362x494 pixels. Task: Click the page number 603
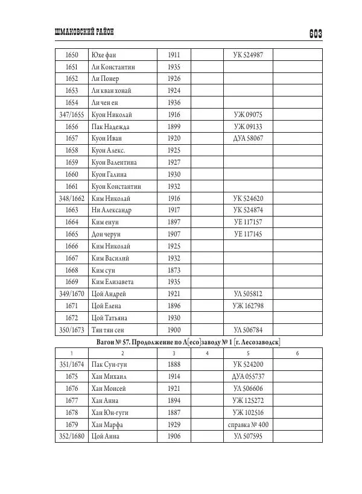pos(314,34)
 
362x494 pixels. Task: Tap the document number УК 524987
pos(252,55)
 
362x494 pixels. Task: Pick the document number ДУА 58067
pos(252,138)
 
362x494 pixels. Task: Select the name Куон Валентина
pos(114,162)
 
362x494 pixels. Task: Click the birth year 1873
pos(174,270)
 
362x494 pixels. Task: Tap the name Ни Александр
pos(112,210)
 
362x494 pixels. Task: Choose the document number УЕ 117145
pos(252,234)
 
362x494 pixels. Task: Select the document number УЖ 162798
pos(252,305)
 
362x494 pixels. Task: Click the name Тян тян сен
pos(109,329)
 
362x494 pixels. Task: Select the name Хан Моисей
pos(109,388)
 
